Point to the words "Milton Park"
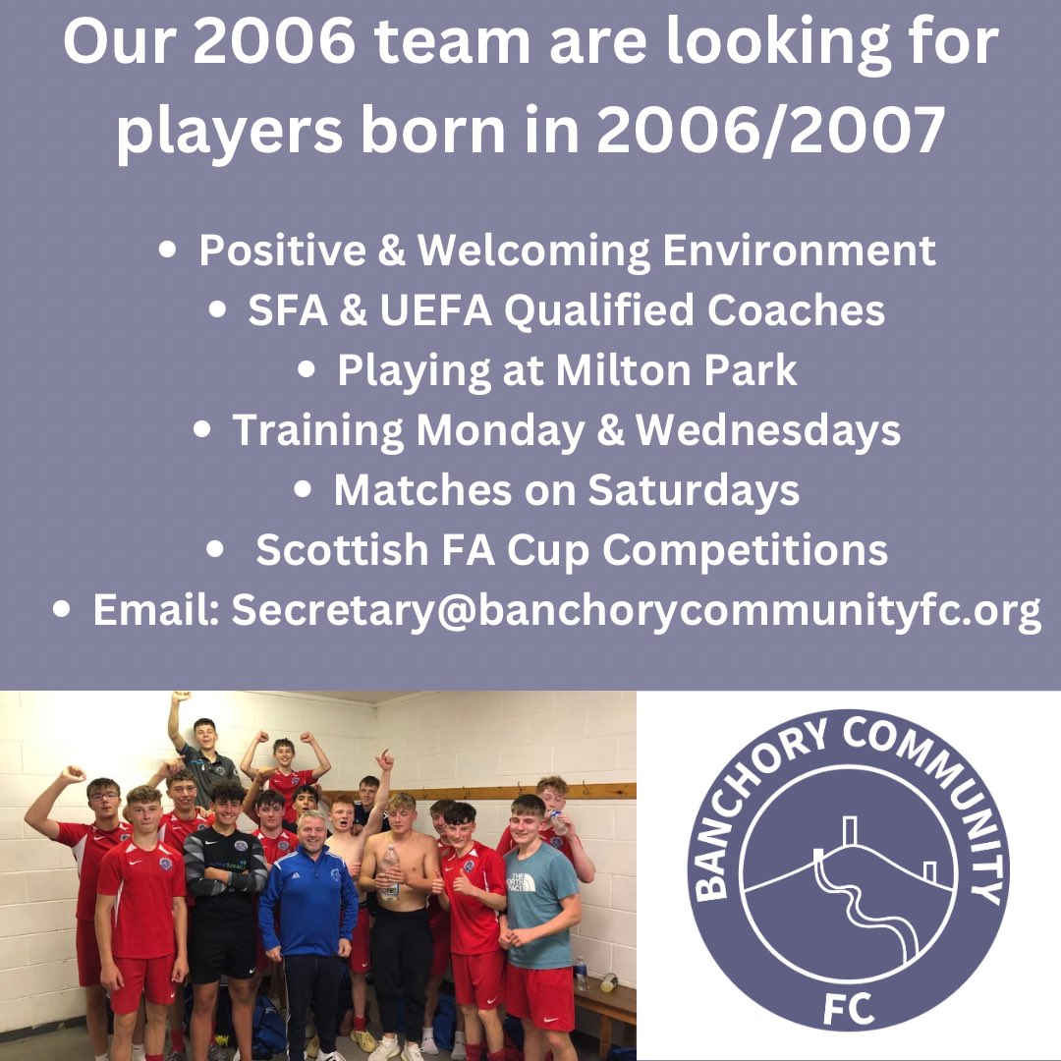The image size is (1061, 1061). (677, 370)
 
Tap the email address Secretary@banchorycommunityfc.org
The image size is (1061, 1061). (636, 611)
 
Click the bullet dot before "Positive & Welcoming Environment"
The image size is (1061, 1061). (168, 251)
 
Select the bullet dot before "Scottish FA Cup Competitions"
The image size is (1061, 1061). (217, 551)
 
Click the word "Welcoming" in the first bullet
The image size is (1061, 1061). (533, 251)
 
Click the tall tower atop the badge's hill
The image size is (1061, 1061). (849, 830)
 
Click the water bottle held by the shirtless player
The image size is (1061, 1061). (391, 870)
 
